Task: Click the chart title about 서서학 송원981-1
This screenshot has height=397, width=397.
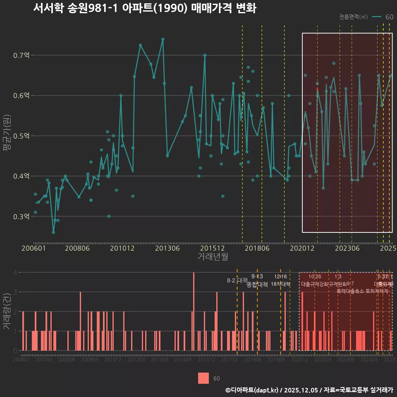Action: click(144, 8)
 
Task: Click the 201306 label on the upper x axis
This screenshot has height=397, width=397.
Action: click(167, 249)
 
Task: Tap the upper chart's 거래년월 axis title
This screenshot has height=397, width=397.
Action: click(213, 257)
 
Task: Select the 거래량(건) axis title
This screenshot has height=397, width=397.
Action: click(7, 311)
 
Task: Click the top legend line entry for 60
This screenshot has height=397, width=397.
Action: click(377, 17)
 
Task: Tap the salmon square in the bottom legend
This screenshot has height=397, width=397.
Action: click(203, 378)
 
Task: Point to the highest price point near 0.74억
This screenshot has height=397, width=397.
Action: click(163, 39)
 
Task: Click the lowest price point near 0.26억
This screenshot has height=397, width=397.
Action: click(53, 232)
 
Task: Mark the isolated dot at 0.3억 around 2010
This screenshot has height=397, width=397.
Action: click(109, 216)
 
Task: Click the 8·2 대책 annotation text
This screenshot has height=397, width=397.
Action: click(237, 280)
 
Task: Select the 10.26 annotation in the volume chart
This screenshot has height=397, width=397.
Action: click(315, 277)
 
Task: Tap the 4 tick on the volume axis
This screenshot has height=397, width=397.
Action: click(16, 273)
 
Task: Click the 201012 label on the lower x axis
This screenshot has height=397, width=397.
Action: click(113, 360)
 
